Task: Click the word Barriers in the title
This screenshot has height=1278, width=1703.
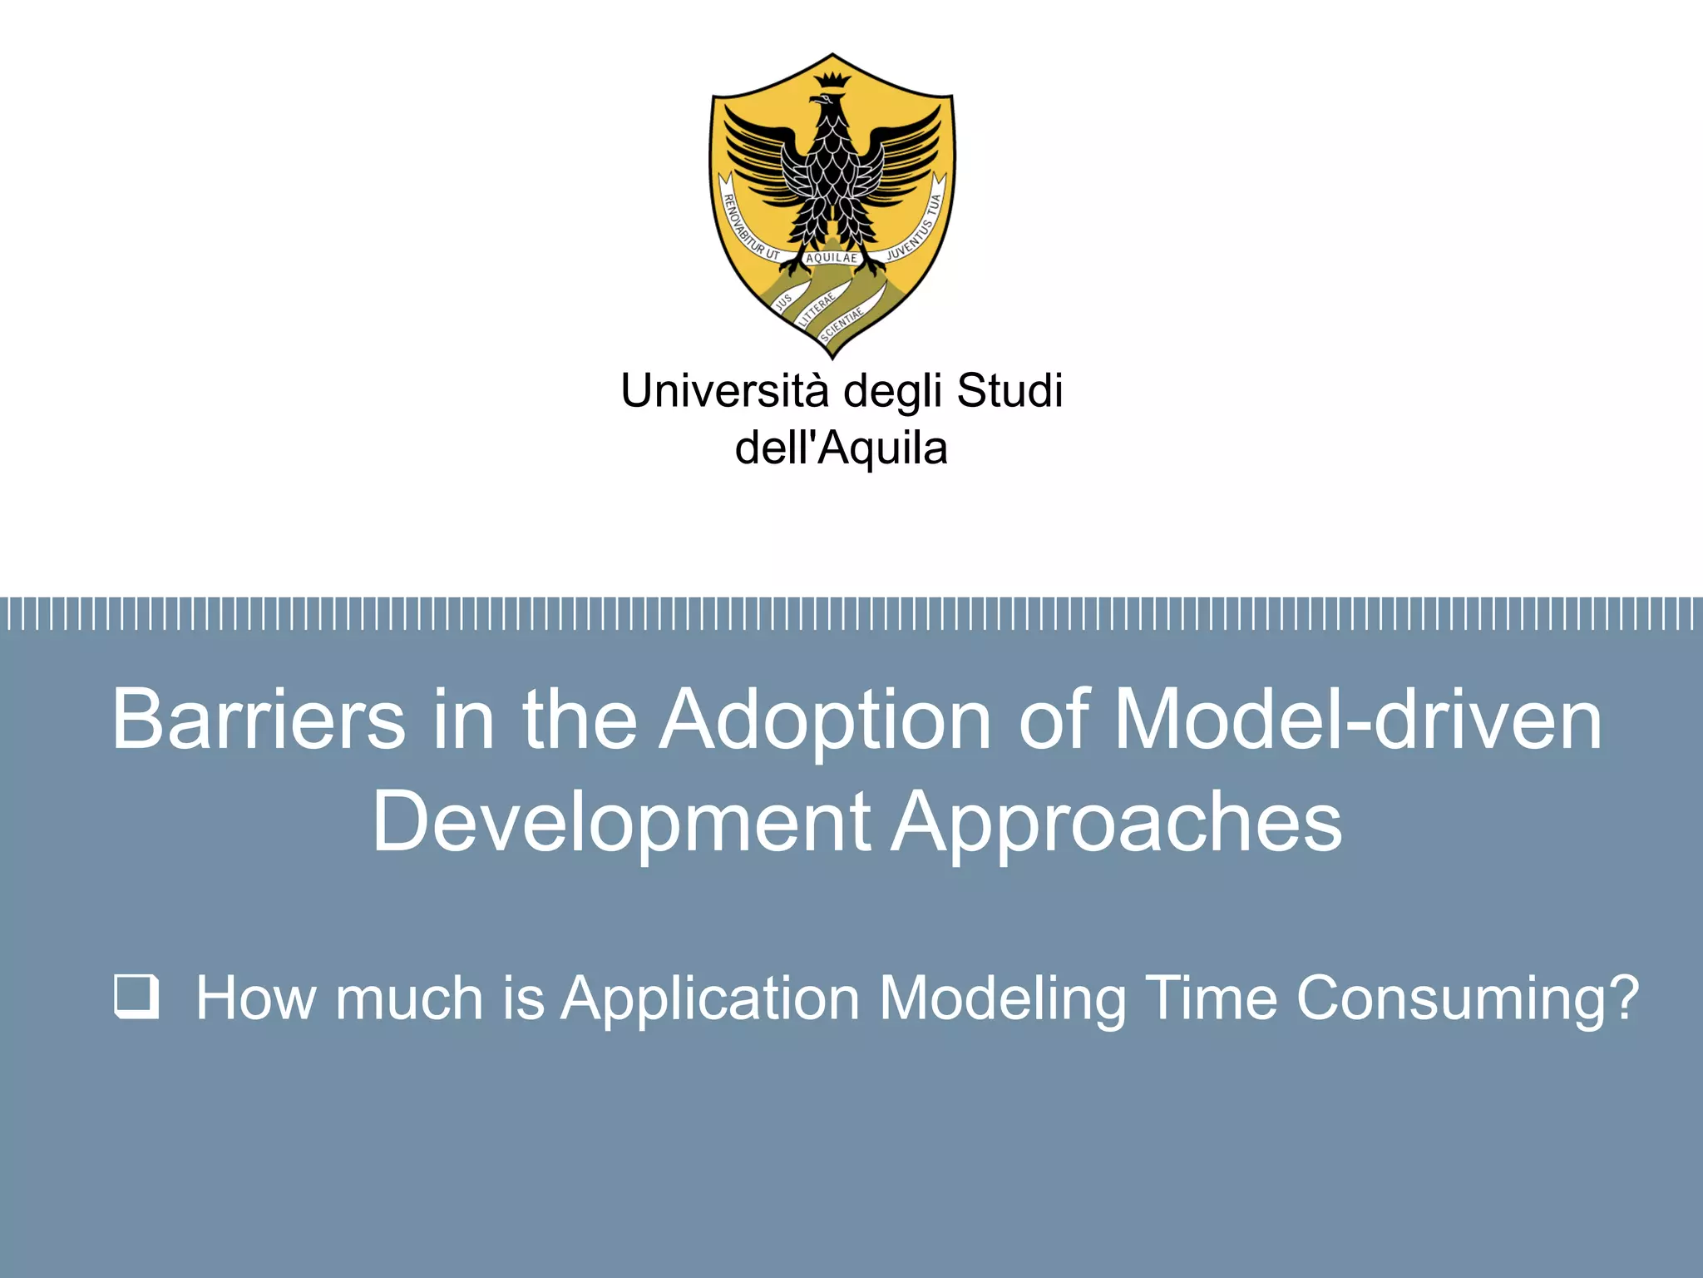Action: (259, 719)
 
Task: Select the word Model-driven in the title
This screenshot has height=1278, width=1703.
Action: (1357, 719)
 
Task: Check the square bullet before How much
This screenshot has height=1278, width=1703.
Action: (136, 997)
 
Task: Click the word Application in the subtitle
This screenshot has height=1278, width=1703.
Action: (709, 998)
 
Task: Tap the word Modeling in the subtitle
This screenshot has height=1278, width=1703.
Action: (1002, 998)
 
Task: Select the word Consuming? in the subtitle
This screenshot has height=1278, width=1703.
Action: (1468, 998)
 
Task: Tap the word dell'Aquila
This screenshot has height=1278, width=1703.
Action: (841, 448)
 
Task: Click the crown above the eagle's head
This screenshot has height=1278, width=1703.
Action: (832, 81)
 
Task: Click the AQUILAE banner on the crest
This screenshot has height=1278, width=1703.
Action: (831, 258)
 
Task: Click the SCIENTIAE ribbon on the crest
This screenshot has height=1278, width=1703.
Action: (842, 325)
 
